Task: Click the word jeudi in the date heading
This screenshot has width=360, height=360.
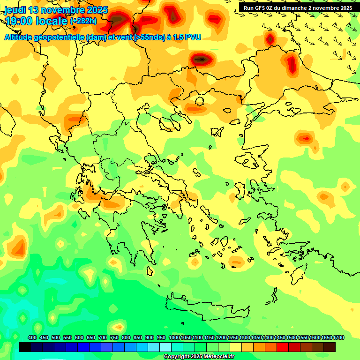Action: (x=15, y=10)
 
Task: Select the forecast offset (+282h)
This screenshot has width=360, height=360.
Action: (x=83, y=21)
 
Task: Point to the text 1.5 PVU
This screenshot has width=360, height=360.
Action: (x=187, y=37)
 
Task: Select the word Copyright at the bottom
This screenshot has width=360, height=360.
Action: (x=176, y=357)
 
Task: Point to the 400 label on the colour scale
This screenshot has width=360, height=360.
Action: (x=32, y=338)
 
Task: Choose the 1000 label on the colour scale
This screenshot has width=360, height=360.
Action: (x=174, y=338)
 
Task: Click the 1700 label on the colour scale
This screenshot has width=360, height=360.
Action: (x=338, y=338)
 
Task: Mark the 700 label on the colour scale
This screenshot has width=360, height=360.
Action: (x=103, y=338)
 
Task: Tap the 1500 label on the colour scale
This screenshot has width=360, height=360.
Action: (x=292, y=338)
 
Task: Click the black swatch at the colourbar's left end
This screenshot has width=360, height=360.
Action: (x=25, y=347)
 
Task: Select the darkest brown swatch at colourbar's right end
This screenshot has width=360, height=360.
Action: (x=330, y=347)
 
